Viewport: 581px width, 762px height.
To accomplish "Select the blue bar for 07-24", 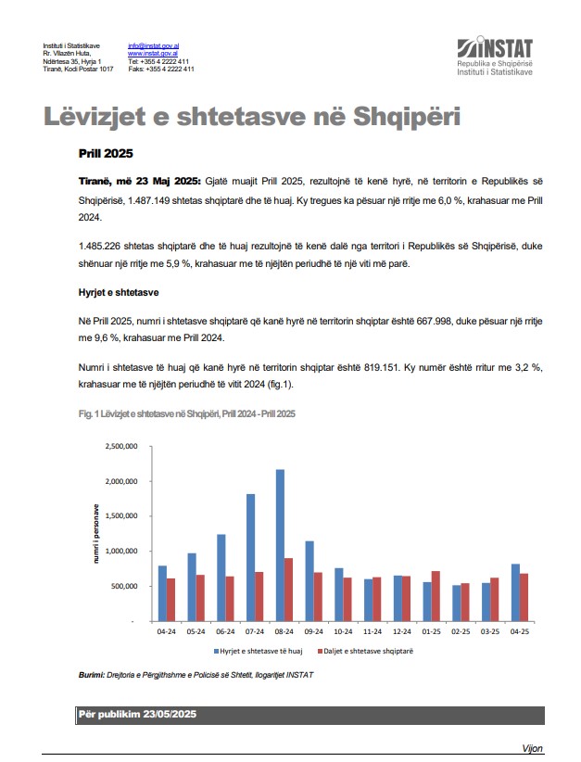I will tap(250, 557).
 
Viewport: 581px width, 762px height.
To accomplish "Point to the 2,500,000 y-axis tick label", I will tap(122, 446).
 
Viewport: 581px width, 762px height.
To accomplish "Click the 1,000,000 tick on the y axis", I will tap(122, 551).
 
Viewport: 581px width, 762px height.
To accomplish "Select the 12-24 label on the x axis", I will tap(402, 633).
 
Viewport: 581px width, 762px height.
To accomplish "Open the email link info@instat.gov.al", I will tap(153, 45).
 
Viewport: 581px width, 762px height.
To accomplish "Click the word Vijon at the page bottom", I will tap(531, 748).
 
